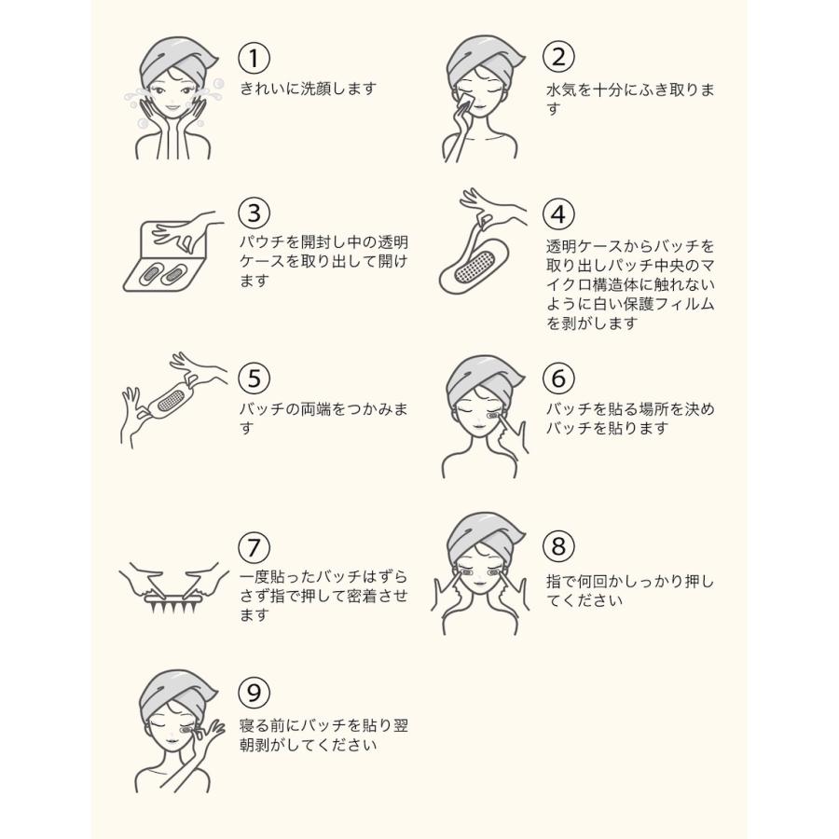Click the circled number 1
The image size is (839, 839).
pyautogui.click(x=254, y=58)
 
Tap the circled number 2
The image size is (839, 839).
pyautogui.click(x=558, y=56)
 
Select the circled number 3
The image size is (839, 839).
pyautogui.click(x=254, y=213)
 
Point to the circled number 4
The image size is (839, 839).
pyautogui.click(x=558, y=214)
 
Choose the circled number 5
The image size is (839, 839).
pyautogui.click(x=254, y=378)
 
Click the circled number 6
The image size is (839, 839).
pyautogui.click(x=558, y=378)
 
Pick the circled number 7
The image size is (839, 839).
pyautogui.click(x=254, y=547)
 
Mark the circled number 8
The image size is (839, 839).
pyautogui.click(x=558, y=545)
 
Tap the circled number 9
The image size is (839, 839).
pyautogui.click(x=254, y=693)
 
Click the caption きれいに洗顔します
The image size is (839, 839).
pyautogui.click(x=309, y=89)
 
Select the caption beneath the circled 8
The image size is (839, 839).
pyautogui.click(x=630, y=591)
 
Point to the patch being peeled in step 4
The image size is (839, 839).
pyautogui.click(x=474, y=267)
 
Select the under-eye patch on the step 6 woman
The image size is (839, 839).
pyautogui.click(x=493, y=415)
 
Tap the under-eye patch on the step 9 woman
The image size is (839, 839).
pyautogui.click(x=187, y=729)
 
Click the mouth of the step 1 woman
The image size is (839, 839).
pyautogui.click(x=172, y=108)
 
